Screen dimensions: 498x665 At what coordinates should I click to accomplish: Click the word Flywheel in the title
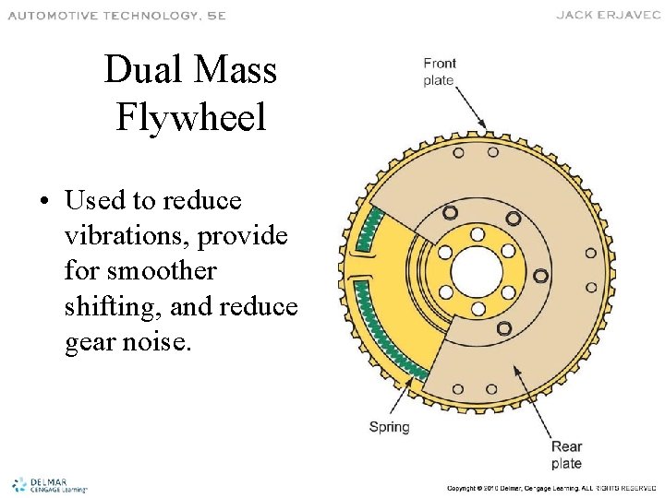[191, 117]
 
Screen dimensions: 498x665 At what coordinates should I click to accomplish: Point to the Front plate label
[439, 72]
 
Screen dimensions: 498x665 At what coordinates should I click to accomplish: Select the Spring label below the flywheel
[389, 427]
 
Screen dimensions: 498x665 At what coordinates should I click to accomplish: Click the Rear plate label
[566, 455]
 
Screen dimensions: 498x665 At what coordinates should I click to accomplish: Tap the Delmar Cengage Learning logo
[48, 484]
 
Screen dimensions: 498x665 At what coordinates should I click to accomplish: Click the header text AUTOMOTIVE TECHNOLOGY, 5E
[117, 15]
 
